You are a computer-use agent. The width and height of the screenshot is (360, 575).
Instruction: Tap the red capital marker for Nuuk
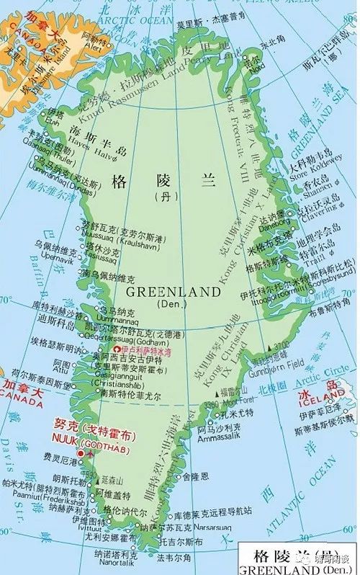click(70, 452)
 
